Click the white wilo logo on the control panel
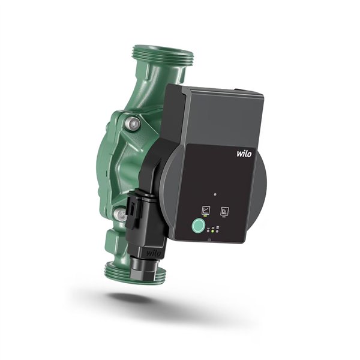click(244, 154)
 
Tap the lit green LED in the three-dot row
click(212, 231)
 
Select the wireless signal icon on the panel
click(224, 211)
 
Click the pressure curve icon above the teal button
click(205, 210)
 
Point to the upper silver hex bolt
click(133, 124)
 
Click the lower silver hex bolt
click(121, 214)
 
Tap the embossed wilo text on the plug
click(154, 253)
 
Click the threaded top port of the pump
click(163, 56)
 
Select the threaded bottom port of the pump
click(135, 272)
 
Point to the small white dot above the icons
click(215, 194)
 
